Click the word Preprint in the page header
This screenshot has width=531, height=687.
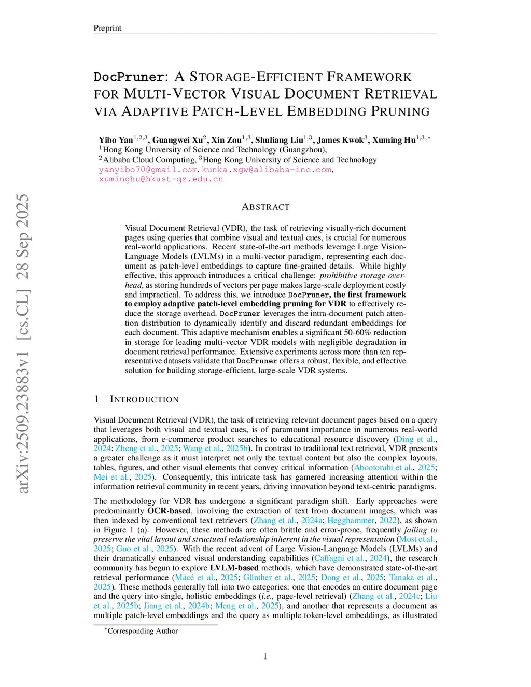coord(107,28)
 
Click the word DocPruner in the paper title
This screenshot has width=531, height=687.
coord(129,77)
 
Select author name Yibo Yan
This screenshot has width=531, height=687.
coord(116,140)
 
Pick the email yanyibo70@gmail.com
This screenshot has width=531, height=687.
coord(148,170)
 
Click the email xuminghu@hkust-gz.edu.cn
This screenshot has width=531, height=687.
coord(161,179)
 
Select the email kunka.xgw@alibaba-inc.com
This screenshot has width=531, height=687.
coord(266,170)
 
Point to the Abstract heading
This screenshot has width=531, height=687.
coord(265,207)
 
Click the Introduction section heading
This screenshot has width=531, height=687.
coord(144,399)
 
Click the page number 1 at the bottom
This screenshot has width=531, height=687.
coord(265,656)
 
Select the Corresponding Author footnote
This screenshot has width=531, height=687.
coord(142,631)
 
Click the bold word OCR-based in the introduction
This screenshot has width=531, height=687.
coord(169,511)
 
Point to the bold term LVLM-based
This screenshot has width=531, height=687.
coord(234,568)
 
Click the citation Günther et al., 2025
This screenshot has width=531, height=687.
coord(279,577)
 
